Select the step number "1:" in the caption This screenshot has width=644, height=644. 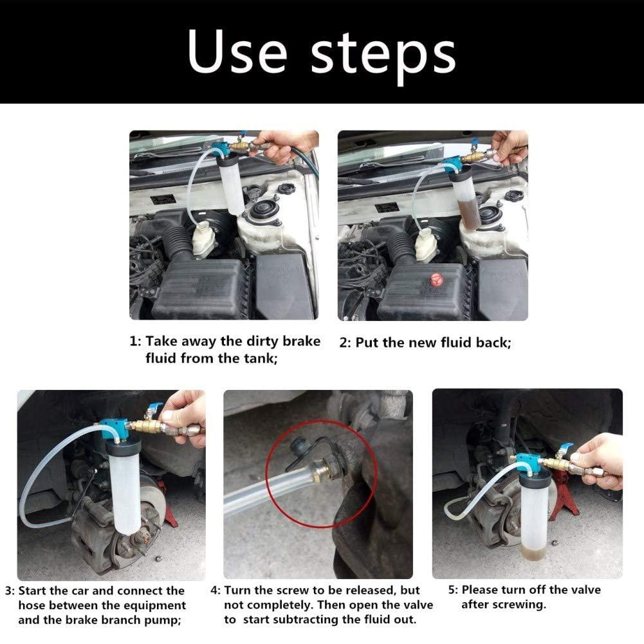click(x=135, y=342)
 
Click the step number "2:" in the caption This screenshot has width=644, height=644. click(x=345, y=343)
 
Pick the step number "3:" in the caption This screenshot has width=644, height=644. click(x=10, y=591)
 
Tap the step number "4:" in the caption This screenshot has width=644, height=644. click(x=216, y=591)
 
